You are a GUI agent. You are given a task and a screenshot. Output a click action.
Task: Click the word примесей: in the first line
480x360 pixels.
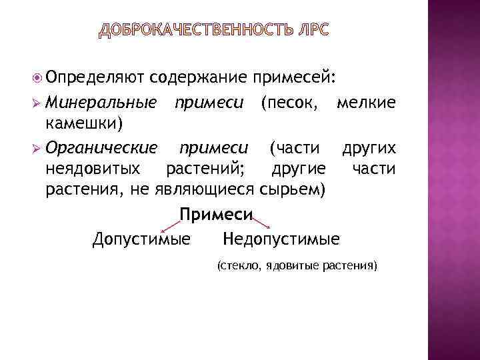[x=293, y=78]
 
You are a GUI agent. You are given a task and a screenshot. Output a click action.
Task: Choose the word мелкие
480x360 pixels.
[x=366, y=103]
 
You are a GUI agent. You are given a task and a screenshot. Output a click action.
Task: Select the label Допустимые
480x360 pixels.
[x=141, y=239]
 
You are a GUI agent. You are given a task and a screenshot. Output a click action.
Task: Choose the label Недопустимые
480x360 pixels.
[x=281, y=239]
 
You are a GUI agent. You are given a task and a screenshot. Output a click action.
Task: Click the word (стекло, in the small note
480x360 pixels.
[x=239, y=266]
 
